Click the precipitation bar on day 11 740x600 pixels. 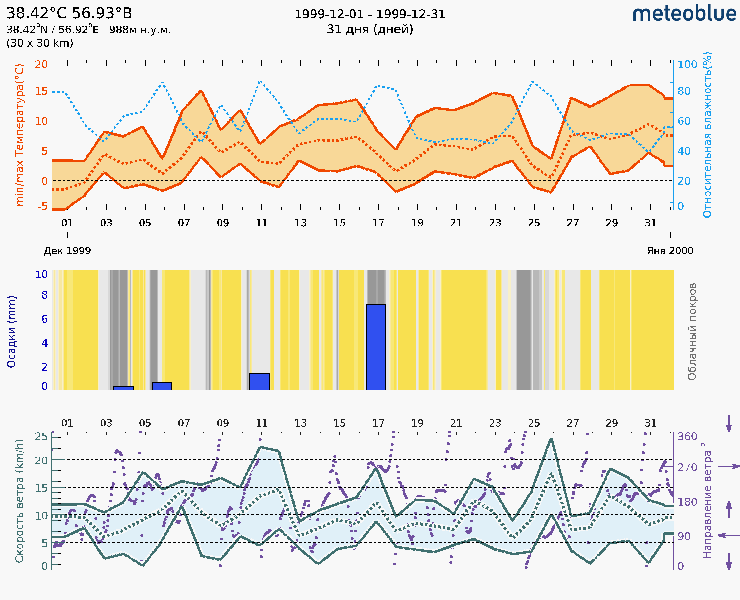pyautogui.click(x=259, y=381)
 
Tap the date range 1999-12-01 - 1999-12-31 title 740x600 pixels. pyautogui.click(x=370, y=14)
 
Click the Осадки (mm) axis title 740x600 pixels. pyautogui.click(x=11, y=331)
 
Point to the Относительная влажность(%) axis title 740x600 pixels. pyautogui.click(x=707, y=135)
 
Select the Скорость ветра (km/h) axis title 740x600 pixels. pyautogui.click(x=19, y=501)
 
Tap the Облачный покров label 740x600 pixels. pyautogui.click(x=692, y=331)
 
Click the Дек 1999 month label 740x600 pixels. pyautogui.click(x=67, y=251)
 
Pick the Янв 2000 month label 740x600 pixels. pyautogui.click(x=670, y=251)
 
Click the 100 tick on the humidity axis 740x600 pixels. pyautogui.click(x=687, y=64)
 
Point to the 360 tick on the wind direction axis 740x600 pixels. pyautogui.click(x=687, y=437)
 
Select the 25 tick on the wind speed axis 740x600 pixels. pyautogui.click(x=41, y=437)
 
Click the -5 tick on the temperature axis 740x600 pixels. pyautogui.click(x=43, y=206)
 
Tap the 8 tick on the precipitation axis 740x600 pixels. pyautogui.click(x=45, y=295)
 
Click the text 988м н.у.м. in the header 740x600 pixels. pyautogui.click(x=140, y=30)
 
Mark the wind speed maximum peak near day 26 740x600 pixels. pyautogui.click(x=551, y=439)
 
